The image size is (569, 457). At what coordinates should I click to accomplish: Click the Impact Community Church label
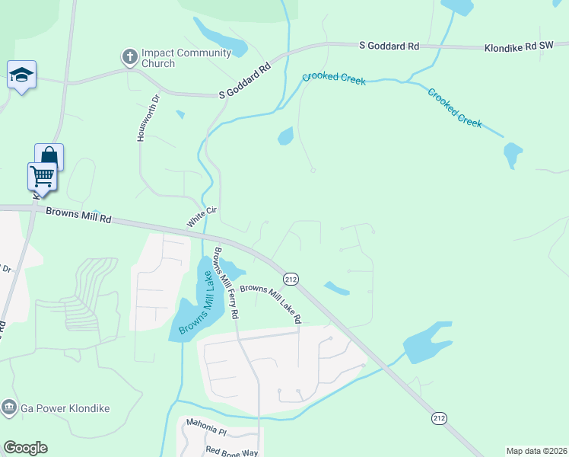(x=186, y=58)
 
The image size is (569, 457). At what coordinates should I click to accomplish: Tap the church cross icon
(x=129, y=56)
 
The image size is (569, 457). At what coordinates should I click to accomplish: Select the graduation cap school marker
(x=21, y=75)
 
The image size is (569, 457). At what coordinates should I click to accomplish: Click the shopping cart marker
(x=43, y=176)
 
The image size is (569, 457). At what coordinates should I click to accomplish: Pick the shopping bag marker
(x=49, y=157)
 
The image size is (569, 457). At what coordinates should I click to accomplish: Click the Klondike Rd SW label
(x=519, y=46)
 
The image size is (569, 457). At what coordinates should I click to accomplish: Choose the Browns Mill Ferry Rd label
(x=227, y=283)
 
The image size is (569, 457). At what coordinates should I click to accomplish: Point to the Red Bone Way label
(x=233, y=451)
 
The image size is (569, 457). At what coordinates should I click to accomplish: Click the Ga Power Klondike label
(x=65, y=408)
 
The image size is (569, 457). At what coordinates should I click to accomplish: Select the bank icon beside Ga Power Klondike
(x=10, y=407)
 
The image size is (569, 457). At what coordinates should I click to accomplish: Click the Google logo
(x=25, y=448)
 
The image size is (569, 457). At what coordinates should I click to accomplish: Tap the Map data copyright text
(x=536, y=451)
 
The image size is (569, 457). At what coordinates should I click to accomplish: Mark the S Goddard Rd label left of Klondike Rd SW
(x=389, y=46)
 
